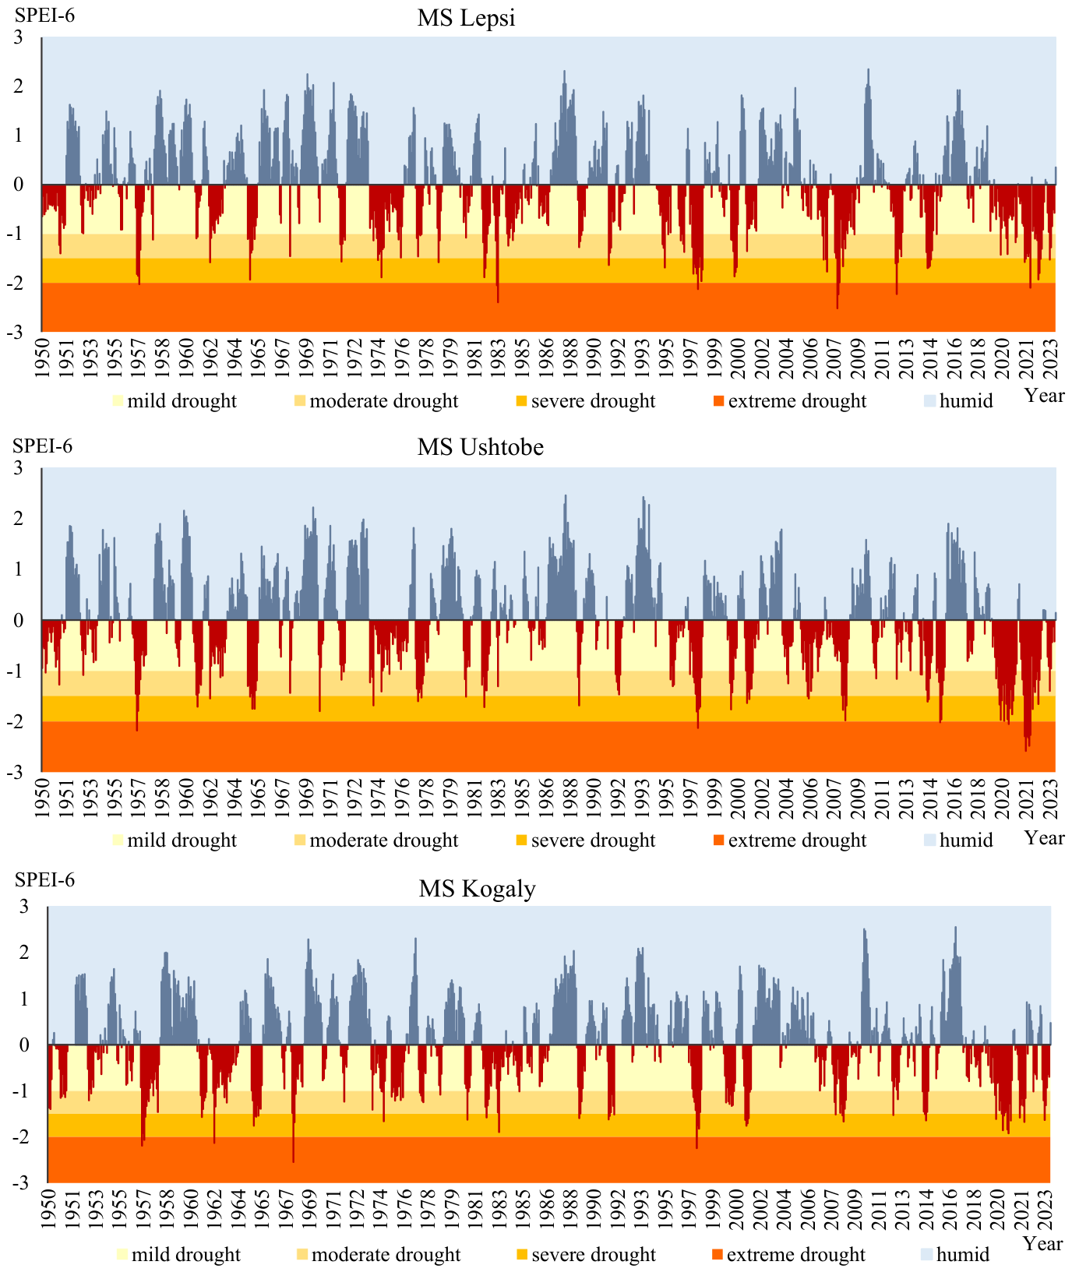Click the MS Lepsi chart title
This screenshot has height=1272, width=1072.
click(x=466, y=17)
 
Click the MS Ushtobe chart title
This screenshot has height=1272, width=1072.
click(x=480, y=447)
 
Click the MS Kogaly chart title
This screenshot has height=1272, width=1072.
click(x=477, y=889)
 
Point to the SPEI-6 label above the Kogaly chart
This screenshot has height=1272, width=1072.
click(x=45, y=879)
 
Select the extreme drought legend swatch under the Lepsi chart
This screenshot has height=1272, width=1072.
click(x=718, y=402)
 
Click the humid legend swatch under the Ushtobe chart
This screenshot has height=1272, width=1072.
click(x=929, y=841)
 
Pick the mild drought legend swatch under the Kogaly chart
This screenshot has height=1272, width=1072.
click(x=121, y=1255)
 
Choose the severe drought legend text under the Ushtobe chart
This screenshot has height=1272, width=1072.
click(x=594, y=840)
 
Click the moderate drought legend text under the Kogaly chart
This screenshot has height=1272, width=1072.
click(x=386, y=1255)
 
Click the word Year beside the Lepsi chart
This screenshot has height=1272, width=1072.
click(x=1044, y=396)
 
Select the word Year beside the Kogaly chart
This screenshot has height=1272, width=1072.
click(x=1042, y=1244)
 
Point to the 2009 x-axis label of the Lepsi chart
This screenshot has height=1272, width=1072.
click(x=857, y=357)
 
